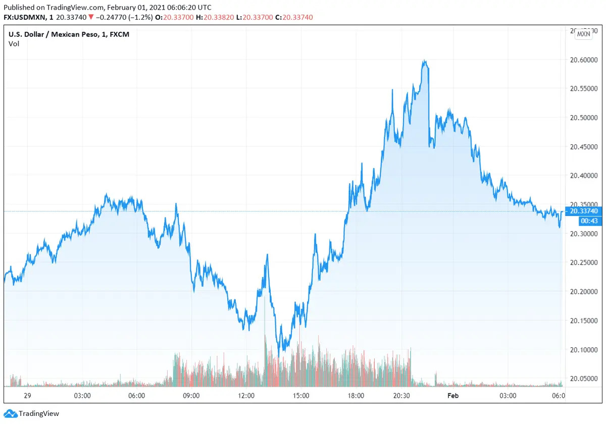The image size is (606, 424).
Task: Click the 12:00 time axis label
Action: click(246, 396)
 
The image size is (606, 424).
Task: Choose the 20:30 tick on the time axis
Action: click(402, 396)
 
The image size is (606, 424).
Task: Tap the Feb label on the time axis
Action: click(453, 396)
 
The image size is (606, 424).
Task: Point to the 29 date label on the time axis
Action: click(28, 396)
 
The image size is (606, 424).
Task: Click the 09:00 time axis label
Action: click(191, 396)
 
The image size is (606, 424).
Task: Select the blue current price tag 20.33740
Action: click(583, 211)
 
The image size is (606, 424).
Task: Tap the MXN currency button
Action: click(583, 34)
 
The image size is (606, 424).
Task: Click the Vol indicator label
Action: click(14, 44)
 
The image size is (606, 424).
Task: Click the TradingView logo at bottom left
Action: click(33, 414)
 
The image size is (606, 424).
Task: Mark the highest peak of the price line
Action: click(426, 61)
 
